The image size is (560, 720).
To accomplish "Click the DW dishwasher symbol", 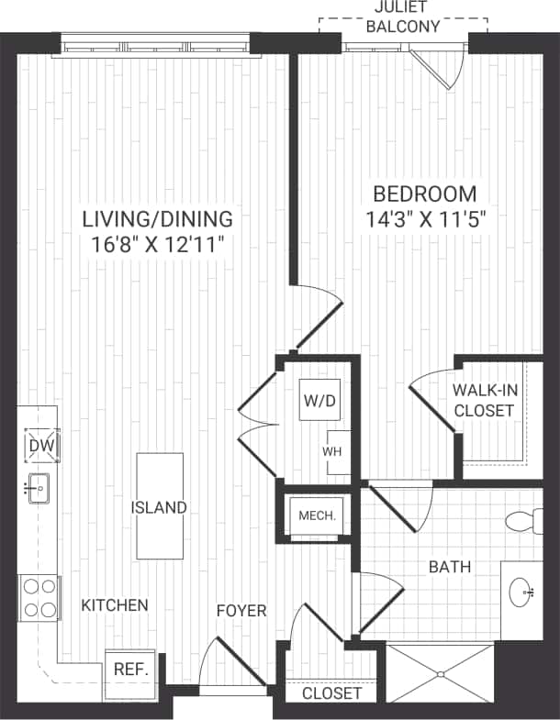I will point(41,446).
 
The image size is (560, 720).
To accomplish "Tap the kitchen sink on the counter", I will point(39,489).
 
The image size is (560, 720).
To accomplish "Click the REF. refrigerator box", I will point(131,669).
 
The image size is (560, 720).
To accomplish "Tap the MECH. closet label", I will point(318,515).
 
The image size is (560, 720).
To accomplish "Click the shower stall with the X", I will point(441,674).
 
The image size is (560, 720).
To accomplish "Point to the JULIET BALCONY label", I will point(403,17).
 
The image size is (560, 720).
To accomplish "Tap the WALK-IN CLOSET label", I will point(484,401).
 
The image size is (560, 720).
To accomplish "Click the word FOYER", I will point(241,611).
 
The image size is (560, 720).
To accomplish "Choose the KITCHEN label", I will point(115,605).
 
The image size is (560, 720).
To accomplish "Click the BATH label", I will point(450,568).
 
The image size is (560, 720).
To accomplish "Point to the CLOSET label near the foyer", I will point(331,693).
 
